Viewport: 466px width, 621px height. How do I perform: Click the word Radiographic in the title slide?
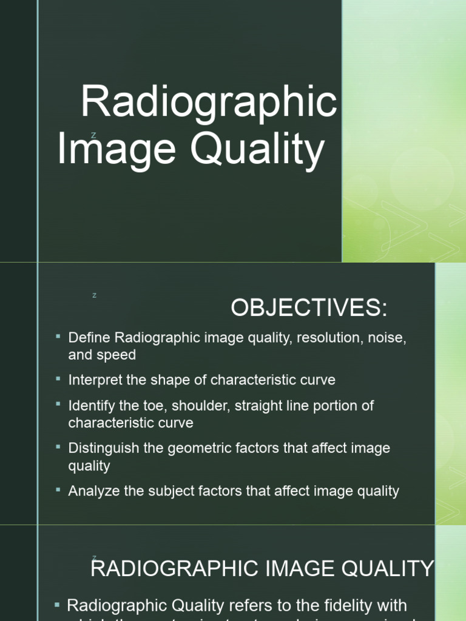pyautogui.click(x=209, y=103)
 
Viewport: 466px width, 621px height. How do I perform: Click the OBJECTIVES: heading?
pyautogui.click(x=309, y=309)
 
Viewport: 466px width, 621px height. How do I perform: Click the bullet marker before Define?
pyautogui.click(x=58, y=336)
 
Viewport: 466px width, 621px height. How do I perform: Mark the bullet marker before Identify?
pyautogui.click(x=58, y=404)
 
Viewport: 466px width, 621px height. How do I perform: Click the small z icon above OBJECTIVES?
pyautogui.click(x=95, y=295)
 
